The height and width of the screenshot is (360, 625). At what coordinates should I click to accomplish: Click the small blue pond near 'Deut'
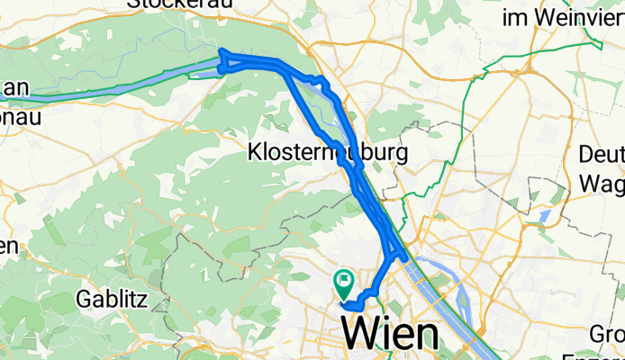click(544, 217)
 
